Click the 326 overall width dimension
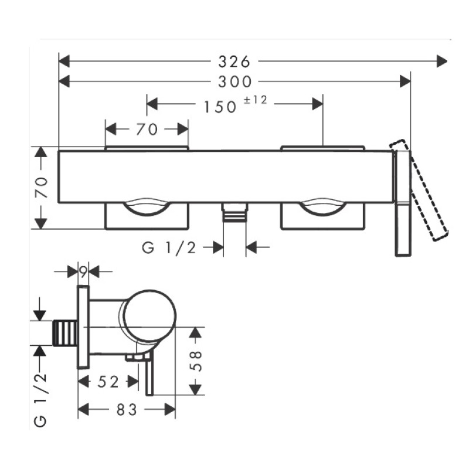(x=235, y=60)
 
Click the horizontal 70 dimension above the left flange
(x=147, y=129)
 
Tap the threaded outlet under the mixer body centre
(x=234, y=213)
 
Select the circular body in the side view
(x=149, y=316)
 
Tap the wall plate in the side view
(x=83, y=327)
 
